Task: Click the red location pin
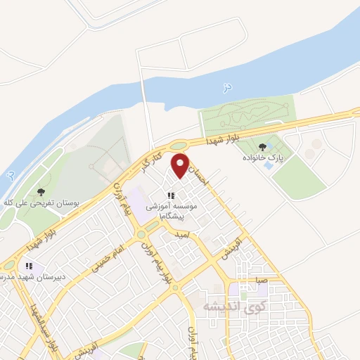point(181,165)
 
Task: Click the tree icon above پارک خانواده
point(263,147)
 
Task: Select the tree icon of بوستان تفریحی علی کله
point(41,191)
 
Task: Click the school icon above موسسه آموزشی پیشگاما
point(170,195)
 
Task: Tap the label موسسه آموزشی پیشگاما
point(171,212)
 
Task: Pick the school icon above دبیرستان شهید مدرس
point(29,266)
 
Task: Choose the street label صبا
point(262,280)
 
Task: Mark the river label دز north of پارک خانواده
point(226,86)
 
